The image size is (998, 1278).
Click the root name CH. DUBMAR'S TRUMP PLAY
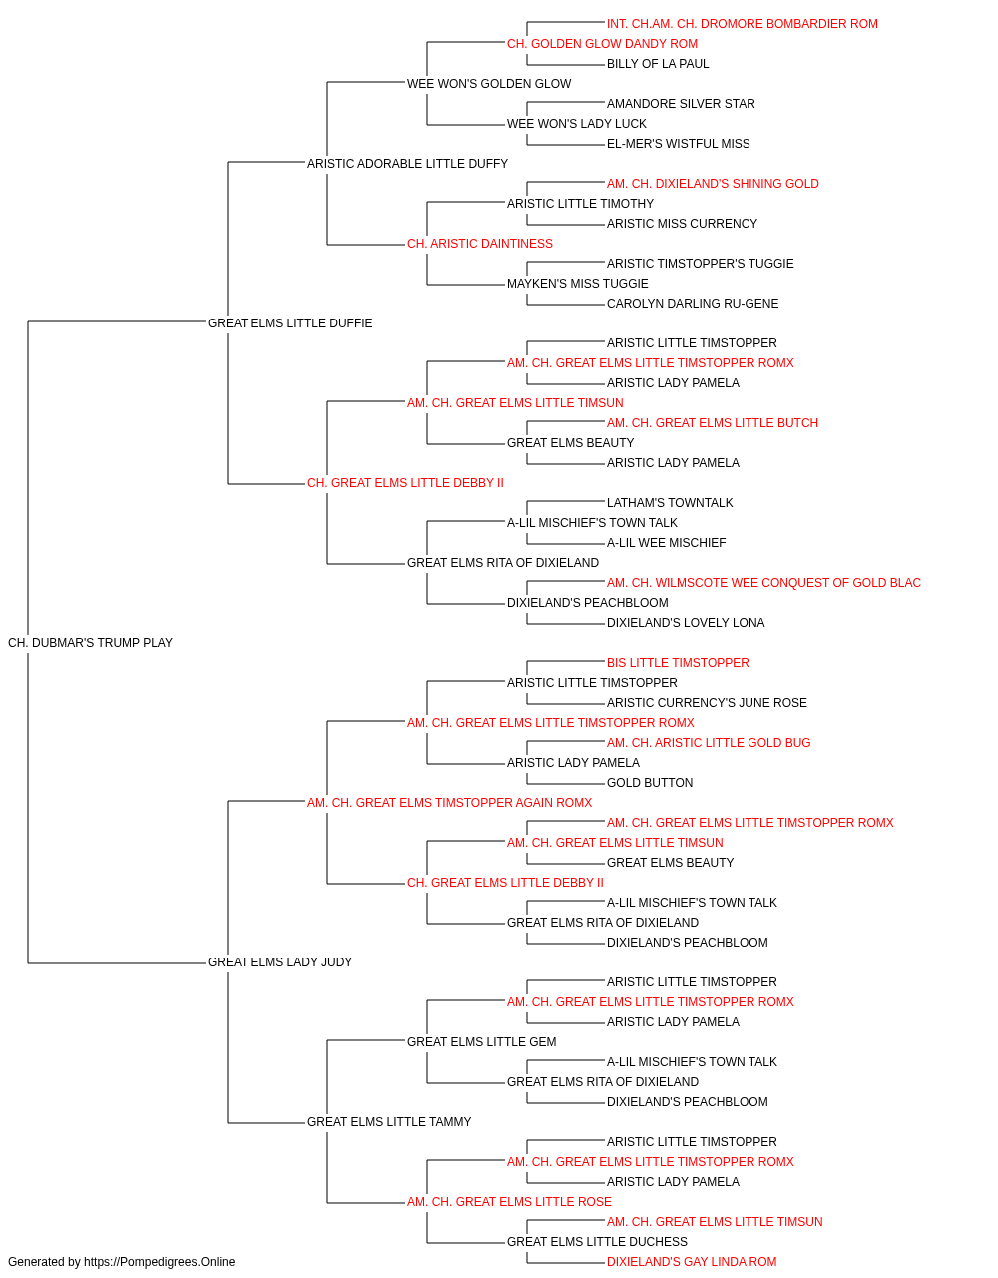coord(90,643)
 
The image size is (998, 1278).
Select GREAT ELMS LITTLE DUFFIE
coord(289,323)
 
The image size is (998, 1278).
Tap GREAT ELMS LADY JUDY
coord(279,962)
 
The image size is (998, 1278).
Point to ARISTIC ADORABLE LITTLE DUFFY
coord(407,164)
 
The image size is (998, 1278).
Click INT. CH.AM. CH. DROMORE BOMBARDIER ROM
coord(742,24)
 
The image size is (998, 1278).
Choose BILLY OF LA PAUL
coord(658,64)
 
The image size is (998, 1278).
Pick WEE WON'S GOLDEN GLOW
coord(489,84)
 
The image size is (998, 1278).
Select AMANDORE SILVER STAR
coord(681,104)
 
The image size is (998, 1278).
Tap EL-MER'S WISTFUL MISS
coord(679,144)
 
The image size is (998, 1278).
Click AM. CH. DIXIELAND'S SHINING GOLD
coord(713,184)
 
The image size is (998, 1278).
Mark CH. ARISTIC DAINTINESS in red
coord(480,244)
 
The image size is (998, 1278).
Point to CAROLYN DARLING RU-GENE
coord(693,304)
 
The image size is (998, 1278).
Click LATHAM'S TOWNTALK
coord(670,503)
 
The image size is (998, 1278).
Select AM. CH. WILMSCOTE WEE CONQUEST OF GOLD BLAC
coord(763,583)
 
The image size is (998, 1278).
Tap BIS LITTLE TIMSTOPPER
coord(678,663)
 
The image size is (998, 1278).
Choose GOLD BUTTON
coord(650,783)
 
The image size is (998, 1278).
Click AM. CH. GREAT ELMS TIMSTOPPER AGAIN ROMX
coord(449,803)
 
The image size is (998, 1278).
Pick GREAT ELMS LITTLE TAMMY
coord(389,1122)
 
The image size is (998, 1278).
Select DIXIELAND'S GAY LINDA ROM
coord(692,1262)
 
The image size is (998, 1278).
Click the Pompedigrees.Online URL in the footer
coord(159,1262)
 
